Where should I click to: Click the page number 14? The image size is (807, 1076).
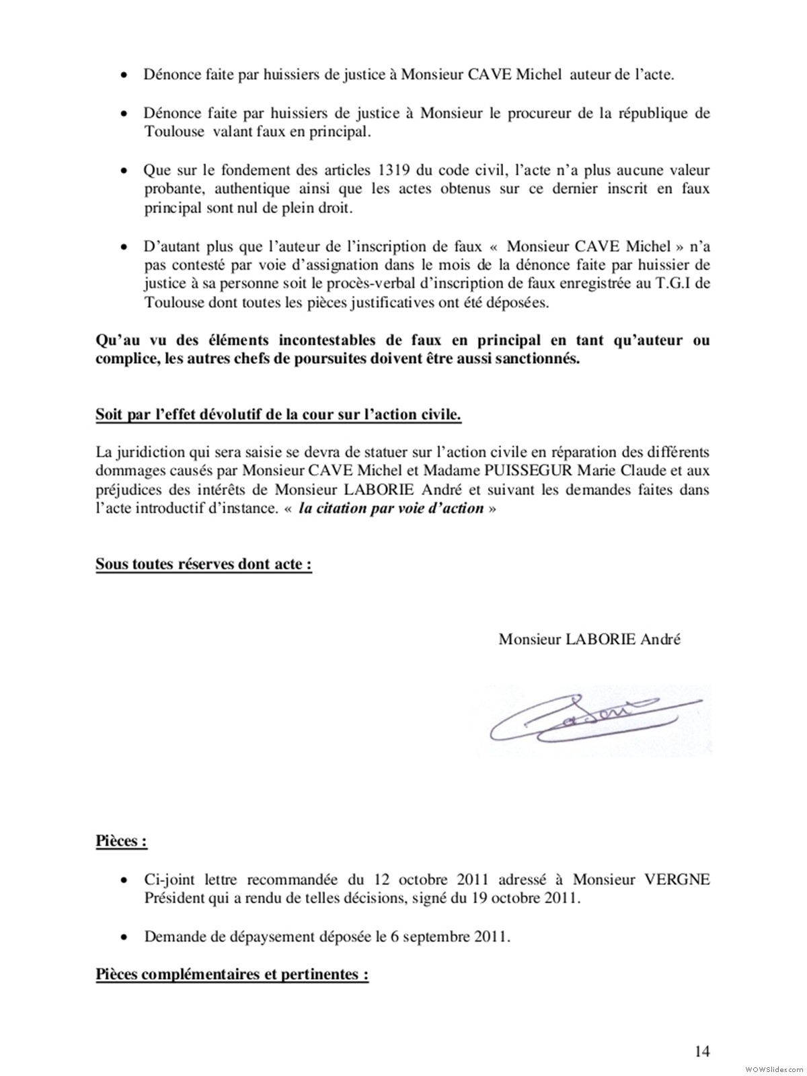(702, 1051)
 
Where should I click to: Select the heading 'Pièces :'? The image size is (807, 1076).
(121, 841)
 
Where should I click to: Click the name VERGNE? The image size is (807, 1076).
(677, 880)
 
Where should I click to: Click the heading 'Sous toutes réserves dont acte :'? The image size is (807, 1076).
(203, 564)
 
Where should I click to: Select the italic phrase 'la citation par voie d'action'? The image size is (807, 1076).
(391, 508)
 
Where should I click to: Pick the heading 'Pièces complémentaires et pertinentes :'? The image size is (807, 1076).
(232, 974)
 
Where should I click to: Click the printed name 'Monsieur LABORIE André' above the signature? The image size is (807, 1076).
(589, 639)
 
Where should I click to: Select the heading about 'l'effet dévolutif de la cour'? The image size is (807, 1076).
(278, 414)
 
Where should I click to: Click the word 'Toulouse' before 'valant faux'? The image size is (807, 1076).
(174, 132)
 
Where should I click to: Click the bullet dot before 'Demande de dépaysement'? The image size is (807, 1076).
(124, 937)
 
